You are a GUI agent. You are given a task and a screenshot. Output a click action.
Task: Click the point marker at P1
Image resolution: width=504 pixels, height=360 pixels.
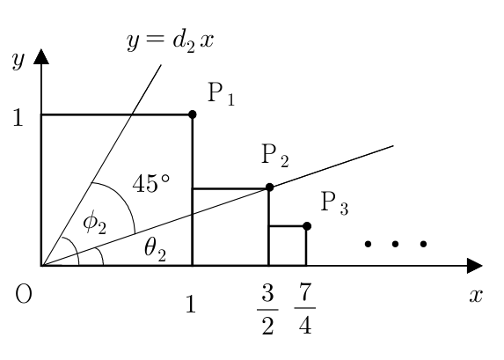click(x=193, y=114)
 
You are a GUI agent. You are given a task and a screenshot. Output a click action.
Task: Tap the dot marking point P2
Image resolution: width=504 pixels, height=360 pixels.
click(x=270, y=187)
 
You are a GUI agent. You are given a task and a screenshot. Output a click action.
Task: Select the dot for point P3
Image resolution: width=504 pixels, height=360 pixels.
click(x=307, y=226)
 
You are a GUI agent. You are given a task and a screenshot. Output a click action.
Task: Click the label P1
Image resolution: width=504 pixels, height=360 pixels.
click(x=222, y=93)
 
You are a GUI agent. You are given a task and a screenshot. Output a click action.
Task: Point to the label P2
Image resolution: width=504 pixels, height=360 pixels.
click(x=275, y=156)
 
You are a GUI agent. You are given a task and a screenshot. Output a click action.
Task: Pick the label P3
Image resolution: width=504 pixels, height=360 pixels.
click(x=334, y=203)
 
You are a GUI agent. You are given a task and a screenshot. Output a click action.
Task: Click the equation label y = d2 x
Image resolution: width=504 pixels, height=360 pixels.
click(x=170, y=41)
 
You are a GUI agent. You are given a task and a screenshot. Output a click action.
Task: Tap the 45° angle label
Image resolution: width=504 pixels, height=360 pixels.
click(x=151, y=183)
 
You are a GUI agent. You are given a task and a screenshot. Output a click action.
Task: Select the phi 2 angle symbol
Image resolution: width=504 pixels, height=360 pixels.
click(x=94, y=223)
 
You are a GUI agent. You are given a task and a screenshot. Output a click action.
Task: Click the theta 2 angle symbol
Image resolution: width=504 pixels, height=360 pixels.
click(x=156, y=250)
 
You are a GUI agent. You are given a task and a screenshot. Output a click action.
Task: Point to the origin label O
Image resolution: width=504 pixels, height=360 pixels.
click(x=24, y=294)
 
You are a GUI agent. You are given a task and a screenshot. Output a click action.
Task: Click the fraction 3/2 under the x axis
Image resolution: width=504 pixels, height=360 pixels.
click(x=267, y=309)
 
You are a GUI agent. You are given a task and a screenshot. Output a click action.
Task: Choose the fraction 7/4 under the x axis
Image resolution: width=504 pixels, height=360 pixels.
click(x=304, y=309)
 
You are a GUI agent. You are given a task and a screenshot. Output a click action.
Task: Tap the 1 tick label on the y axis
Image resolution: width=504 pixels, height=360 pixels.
click(x=18, y=117)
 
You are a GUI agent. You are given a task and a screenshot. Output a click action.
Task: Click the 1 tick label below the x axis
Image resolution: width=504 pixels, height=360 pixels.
click(x=191, y=304)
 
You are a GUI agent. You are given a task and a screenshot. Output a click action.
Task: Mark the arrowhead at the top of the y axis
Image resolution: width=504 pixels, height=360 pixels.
click(x=41, y=56)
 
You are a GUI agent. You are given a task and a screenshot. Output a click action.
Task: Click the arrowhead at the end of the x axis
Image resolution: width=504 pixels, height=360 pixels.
click(x=475, y=266)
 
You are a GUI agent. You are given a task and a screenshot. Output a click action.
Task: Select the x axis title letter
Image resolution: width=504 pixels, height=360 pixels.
click(x=476, y=296)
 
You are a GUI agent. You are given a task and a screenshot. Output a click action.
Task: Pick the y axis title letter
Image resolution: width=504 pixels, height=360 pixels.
click(x=18, y=60)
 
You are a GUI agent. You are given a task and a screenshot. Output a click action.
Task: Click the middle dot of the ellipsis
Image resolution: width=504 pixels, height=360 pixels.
click(x=395, y=244)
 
